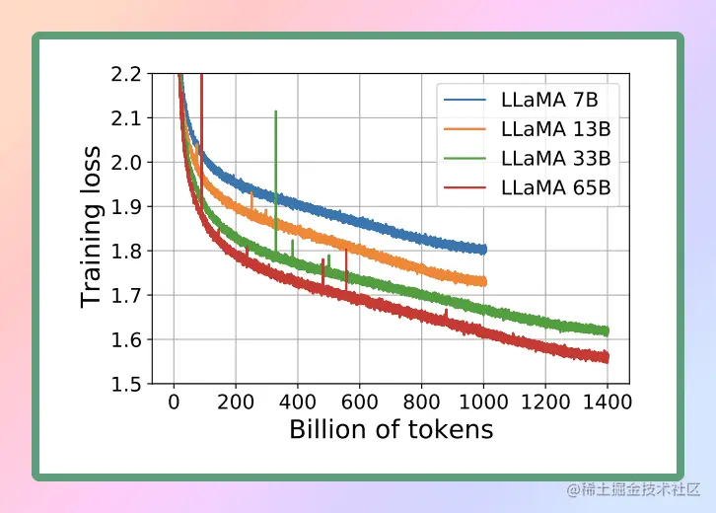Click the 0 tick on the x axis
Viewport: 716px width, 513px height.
pyautogui.click(x=174, y=402)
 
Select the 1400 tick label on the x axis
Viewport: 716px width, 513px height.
pyautogui.click(x=608, y=402)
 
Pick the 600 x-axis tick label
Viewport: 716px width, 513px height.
pyautogui.click(x=359, y=402)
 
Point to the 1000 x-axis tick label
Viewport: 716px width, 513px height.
pyautogui.click(x=483, y=402)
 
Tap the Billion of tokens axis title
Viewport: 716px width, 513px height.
pyautogui.click(x=391, y=430)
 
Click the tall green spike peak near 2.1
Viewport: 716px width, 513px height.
pyautogui.click(x=275, y=111)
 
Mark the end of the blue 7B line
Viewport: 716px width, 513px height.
pyautogui.click(x=483, y=250)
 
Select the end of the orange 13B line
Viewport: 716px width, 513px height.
pyautogui.click(x=483, y=281)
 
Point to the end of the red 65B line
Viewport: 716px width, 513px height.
pyautogui.click(x=607, y=357)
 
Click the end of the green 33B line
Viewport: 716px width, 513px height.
pyautogui.click(x=607, y=331)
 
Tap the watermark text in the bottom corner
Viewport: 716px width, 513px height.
pyautogui.click(x=634, y=490)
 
